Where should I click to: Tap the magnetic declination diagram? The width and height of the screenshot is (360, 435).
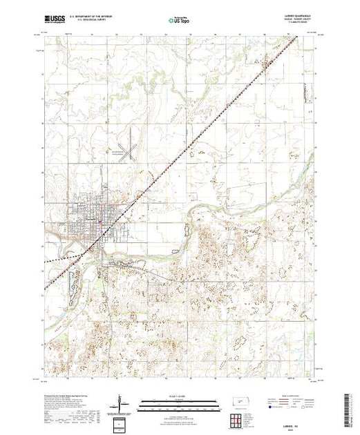[120, 401]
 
